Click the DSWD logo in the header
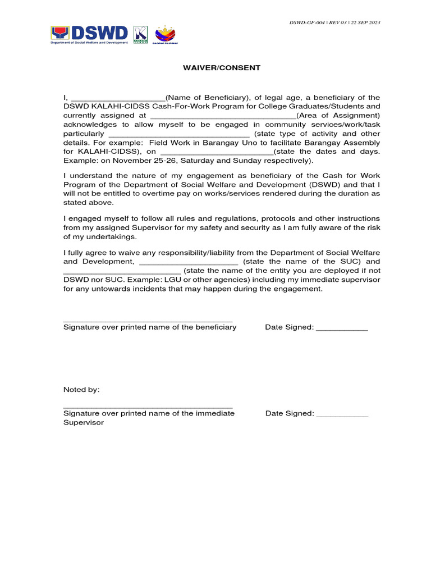tap(90, 34)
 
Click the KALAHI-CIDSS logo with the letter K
tap(141, 34)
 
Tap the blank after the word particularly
tap(178, 134)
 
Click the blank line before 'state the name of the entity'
tap(122, 271)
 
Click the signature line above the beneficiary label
tap(148, 321)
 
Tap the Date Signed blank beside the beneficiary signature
tap(342, 328)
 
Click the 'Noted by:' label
tap(81, 390)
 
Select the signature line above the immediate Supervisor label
tap(148, 407)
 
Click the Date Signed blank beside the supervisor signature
tap(342, 414)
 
